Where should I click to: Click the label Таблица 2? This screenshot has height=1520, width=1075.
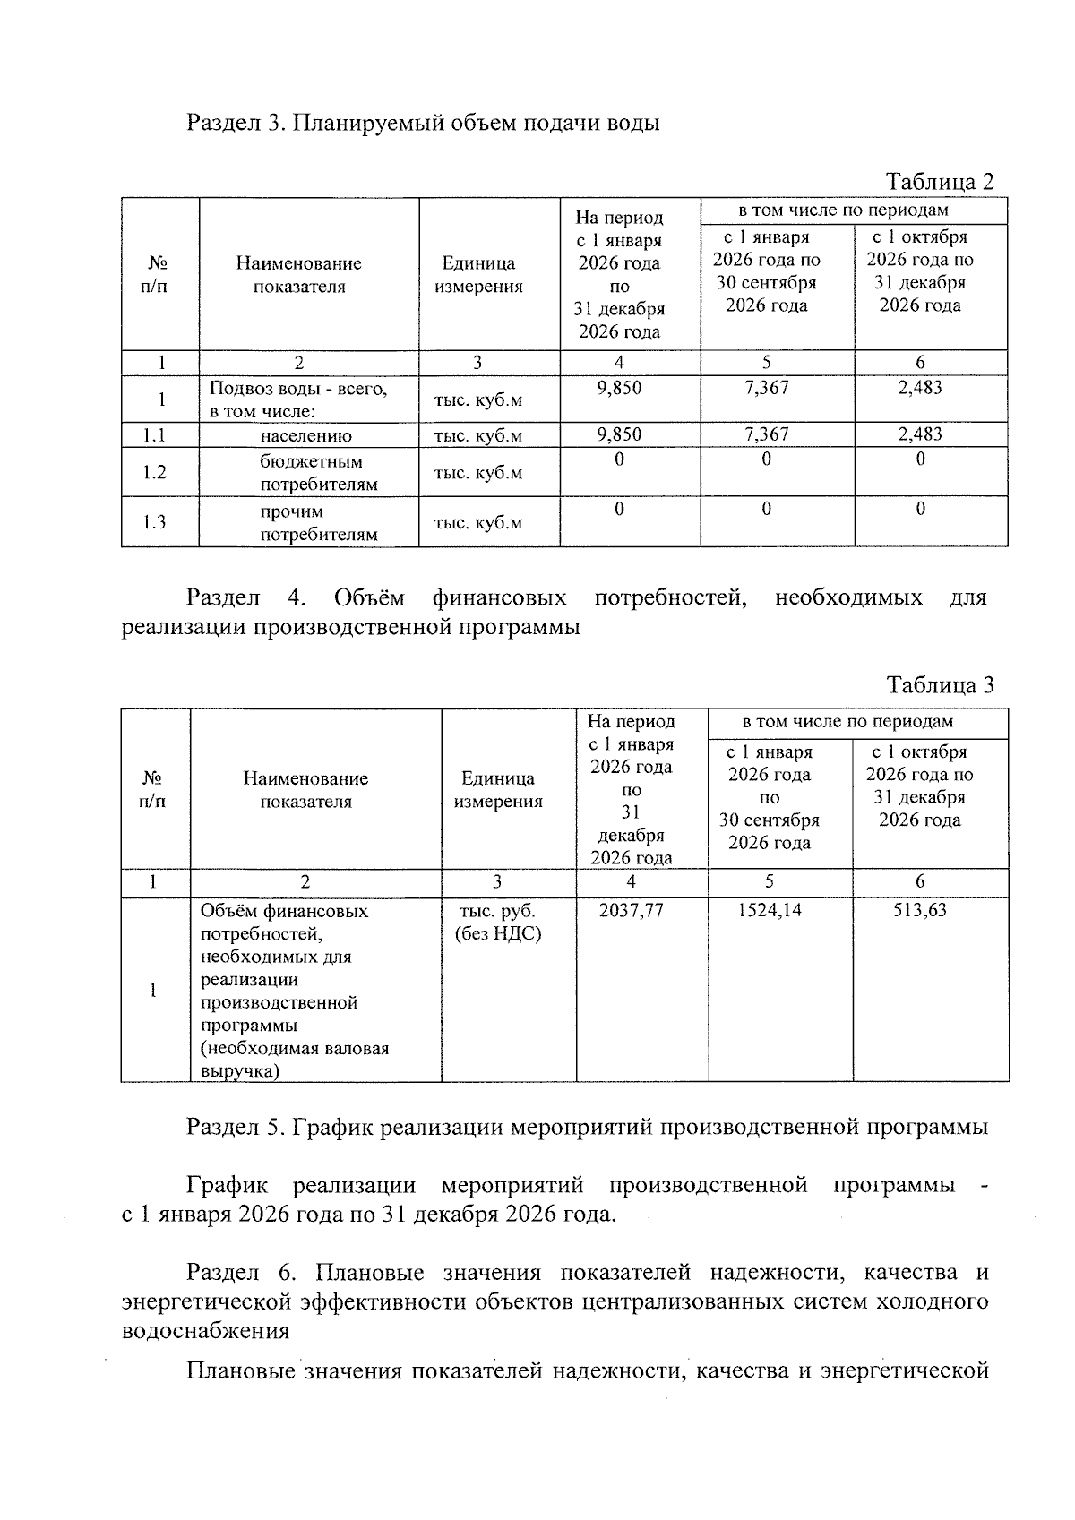tap(939, 182)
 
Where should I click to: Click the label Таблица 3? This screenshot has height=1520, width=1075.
tap(939, 685)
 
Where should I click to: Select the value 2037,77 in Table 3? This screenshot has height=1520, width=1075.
tap(632, 911)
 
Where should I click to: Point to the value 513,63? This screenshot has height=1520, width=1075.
tap(920, 911)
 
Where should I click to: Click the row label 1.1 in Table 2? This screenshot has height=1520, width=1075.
tap(156, 435)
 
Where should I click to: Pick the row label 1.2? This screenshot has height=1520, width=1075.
tap(156, 472)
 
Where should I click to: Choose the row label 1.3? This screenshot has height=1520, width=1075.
tap(156, 522)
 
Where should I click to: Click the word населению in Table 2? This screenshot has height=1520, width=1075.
tap(306, 436)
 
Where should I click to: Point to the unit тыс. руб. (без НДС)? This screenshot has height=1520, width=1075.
tap(498, 923)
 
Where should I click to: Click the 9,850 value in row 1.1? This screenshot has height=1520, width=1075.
tap(619, 434)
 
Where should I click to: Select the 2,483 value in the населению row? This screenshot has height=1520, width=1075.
tap(920, 434)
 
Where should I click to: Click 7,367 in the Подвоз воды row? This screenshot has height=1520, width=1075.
tap(767, 388)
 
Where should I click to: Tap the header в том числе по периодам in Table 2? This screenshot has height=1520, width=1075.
tap(843, 210)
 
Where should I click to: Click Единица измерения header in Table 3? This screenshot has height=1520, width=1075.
tap(498, 790)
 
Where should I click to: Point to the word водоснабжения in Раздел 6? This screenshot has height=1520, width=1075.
tap(205, 1330)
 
